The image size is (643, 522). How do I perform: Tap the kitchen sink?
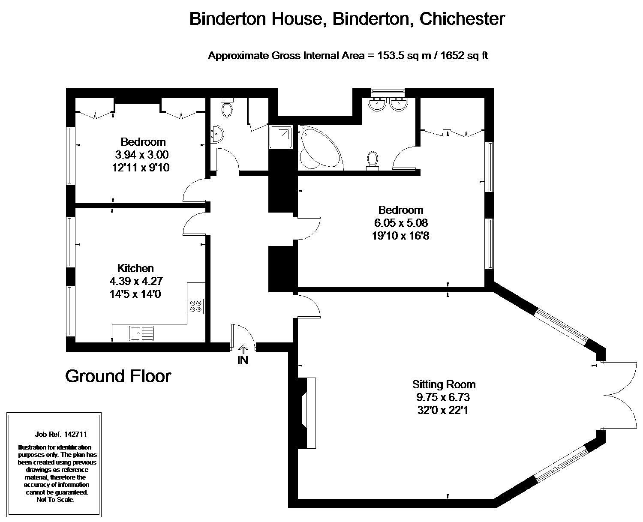141,333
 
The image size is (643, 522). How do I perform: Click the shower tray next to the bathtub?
281,137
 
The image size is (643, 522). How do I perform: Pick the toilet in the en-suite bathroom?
373,160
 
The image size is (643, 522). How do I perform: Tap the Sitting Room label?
444,384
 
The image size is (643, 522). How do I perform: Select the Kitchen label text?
135,268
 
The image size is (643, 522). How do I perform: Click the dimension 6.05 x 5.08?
400,223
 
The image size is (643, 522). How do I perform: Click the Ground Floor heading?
118,376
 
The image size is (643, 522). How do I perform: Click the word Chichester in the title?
462,19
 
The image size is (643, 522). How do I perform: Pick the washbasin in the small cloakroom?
217,134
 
